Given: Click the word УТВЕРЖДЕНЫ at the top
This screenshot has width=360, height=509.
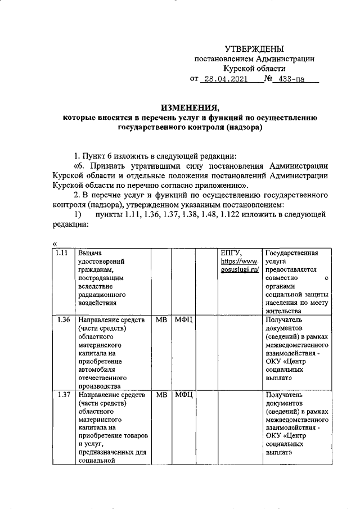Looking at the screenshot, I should [x=254, y=49].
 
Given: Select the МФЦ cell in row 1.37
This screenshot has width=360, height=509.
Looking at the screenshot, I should [x=184, y=395].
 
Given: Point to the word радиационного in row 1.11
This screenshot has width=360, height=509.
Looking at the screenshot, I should [x=102, y=294].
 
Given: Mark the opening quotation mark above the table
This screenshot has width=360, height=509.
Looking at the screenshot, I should [x=54, y=243].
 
